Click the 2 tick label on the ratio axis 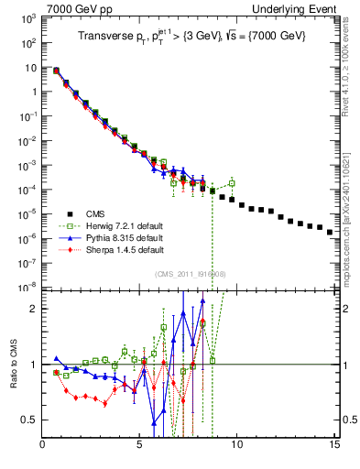[x=35, y=309]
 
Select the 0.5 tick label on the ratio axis [x=31, y=420]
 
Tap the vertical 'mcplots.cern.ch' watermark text [x=347, y=219]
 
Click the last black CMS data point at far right [x=330, y=232]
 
